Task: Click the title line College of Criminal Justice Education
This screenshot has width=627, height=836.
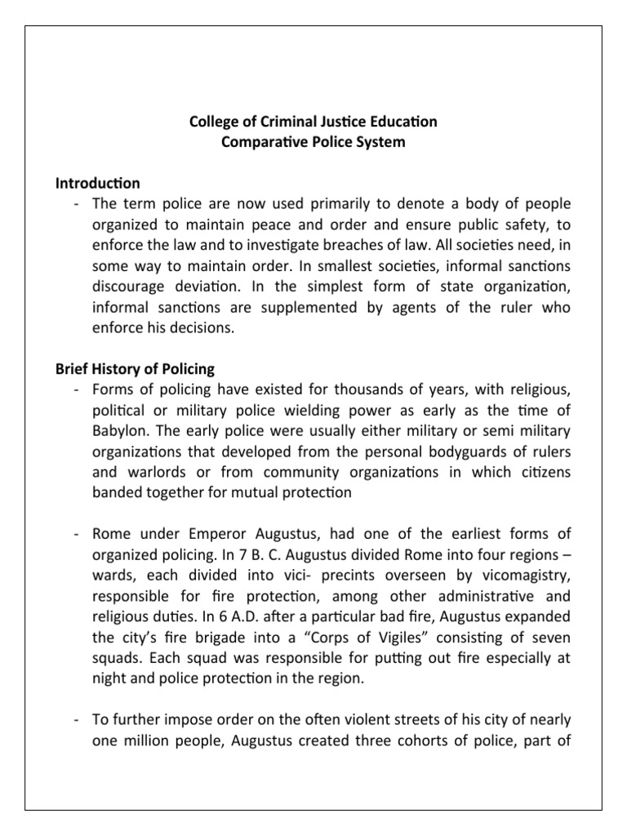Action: pos(313,122)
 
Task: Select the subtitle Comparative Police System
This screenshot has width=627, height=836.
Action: pos(313,143)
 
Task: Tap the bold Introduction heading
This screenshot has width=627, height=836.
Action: pos(97,183)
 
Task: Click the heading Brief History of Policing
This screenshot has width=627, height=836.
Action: pos(134,368)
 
